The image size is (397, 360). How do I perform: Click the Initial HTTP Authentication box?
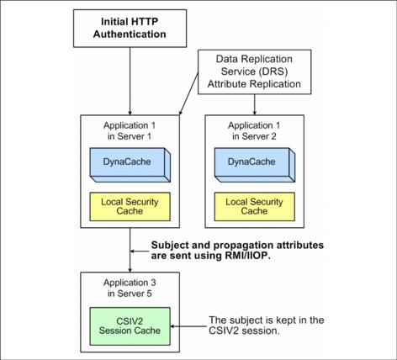pyautogui.click(x=130, y=29)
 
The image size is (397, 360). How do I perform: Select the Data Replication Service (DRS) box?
pyautogui.click(x=255, y=71)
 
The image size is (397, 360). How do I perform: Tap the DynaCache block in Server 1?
pyautogui.click(x=130, y=165)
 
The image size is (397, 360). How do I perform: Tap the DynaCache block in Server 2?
pyautogui.click(x=255, y=165)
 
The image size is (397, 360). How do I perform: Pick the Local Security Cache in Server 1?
pyautogui.click(x=130, y=207)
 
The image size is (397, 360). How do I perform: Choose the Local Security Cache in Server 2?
pyautogui.click(x=255, y=207)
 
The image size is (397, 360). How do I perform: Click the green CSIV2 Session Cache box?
pyautogui.click(x=130, y=326)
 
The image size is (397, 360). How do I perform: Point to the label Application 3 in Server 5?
pyautogui.click(x=130, y=288)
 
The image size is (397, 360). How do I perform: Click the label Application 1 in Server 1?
pyautogui.click(x=130, y=130)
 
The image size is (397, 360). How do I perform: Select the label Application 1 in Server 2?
pyautogui.click(x=254, y=130)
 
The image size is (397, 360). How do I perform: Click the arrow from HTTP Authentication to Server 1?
pyautogui.click(x=130, y=81)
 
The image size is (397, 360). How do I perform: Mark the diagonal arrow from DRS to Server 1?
pyautogui.click(x=188, y=93)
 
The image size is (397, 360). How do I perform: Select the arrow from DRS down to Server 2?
pyautogui.click(x=255, y=104)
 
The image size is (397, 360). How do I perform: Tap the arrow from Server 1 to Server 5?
pyautogui.click(x=130, y=250)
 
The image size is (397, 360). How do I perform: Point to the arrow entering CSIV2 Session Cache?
pyautogui.click(x=188, y=326)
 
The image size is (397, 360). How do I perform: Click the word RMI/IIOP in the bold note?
pyautogui.click(x=247, y=256)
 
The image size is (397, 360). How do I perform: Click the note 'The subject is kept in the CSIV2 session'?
pyautogui.click(x=267, y=326)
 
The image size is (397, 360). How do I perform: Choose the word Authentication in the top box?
pyautogui.click(x=130, y=34)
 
